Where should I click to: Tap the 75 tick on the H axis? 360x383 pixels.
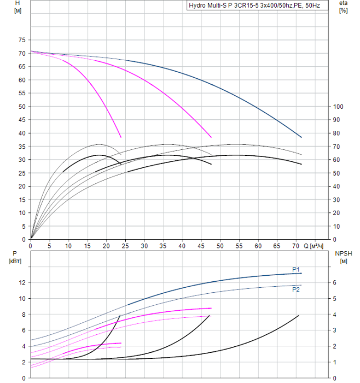pyautogui.click(x=22, y=40)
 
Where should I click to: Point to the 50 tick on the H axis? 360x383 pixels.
pyautogui.click(x=22, y=106)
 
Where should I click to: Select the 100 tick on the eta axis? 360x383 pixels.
pyautogui.click(x=338, y=106)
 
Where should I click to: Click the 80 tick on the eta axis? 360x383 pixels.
pyautogui.click(x=338, y=133)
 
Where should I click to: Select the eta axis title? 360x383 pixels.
pyautogui.click(x=343, y=3)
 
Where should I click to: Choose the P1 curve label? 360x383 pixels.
pyautogui.click(x=295, y=269)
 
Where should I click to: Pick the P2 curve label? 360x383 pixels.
pyautogui.click(x=295, y=289)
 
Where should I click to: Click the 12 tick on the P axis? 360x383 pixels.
pyautogui.click(x=22, y=282)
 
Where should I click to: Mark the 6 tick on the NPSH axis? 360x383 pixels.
pyautogui.click(x=335, y=282)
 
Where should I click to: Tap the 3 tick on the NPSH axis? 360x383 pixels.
pyautogui.click(x=335, y=330)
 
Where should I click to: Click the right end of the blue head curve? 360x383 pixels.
pyautogui.click(x=301, y=137)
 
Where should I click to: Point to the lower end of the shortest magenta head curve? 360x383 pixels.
pyautogui.click(x=121, y=137)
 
